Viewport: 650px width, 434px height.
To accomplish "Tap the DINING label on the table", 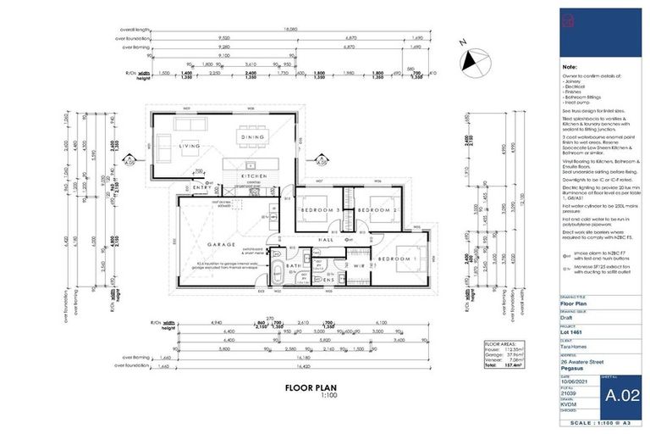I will [253, 136].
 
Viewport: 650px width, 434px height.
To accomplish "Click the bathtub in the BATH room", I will [279, 276].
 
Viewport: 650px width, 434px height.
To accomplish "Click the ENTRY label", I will [203, 188].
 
